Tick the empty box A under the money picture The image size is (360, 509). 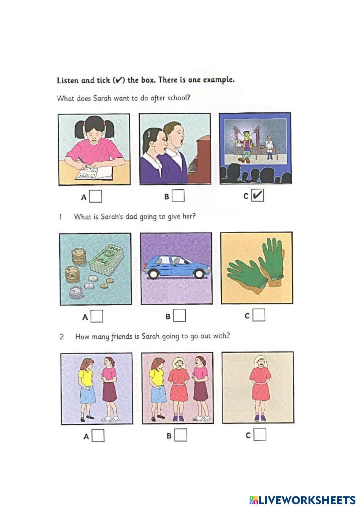coord(97,316)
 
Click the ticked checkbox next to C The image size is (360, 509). coord(257,195)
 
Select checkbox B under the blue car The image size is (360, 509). coord(180,315)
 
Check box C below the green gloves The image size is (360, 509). coord(259,315)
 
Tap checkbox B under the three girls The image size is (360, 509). coord(181,435)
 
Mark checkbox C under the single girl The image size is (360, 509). coord(260,434)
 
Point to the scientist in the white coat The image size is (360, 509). coord(269,147)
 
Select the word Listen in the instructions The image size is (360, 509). coord(68,80)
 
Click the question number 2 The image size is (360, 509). coord(62,337)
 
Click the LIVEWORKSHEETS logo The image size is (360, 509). coord(302,500)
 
